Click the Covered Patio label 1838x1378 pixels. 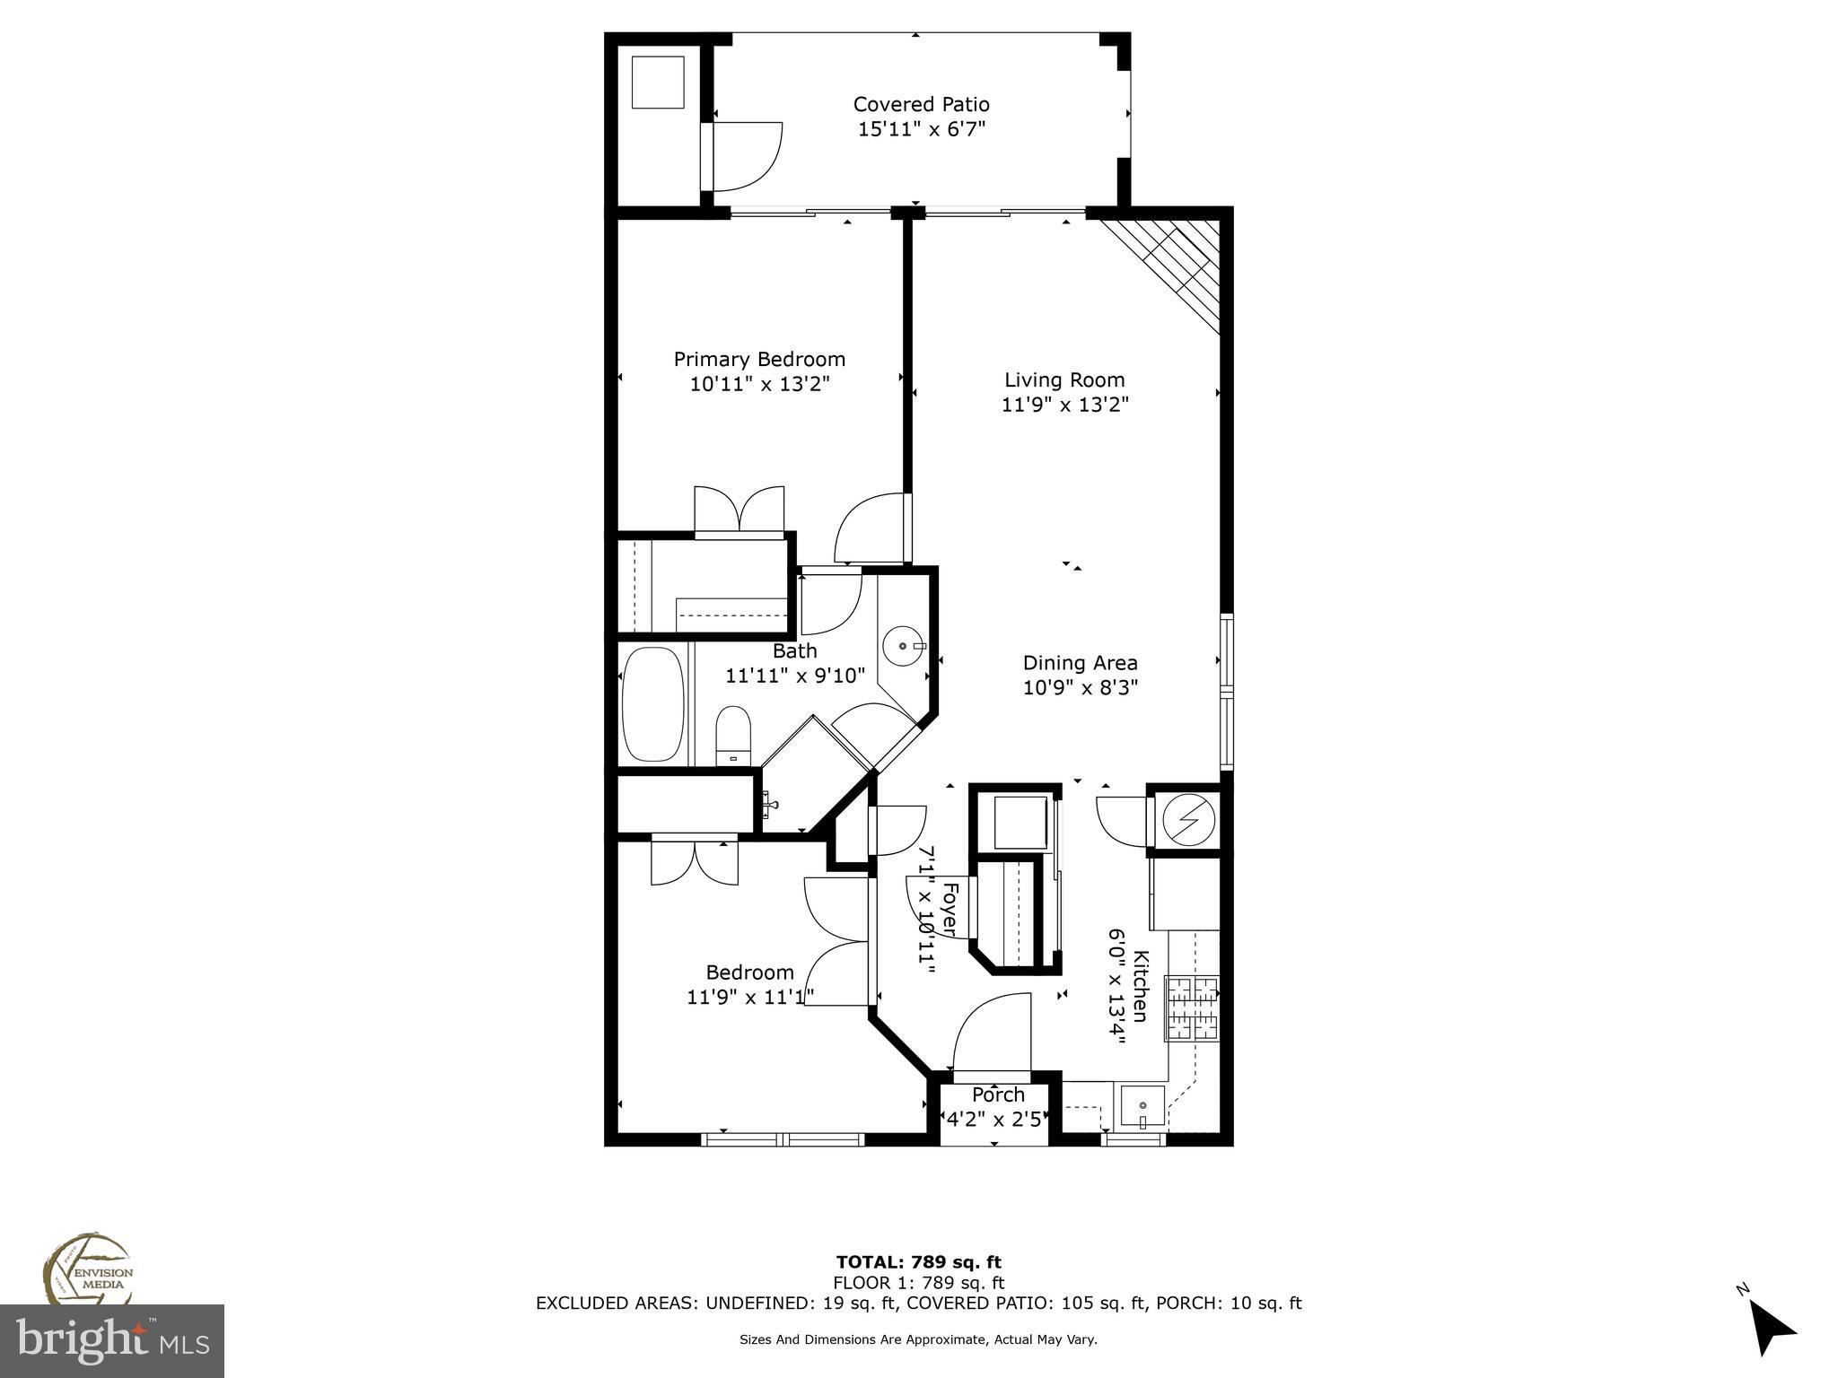[921, 104]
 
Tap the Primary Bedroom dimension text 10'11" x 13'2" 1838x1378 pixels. [759, 384]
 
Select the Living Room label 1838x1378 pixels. [1064, 379]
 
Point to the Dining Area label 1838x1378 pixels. [1080, 663]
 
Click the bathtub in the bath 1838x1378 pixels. [652, 704]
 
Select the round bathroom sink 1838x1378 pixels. [902, 645]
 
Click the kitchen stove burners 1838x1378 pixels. [1192, 1008]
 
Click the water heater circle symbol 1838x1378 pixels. [1188, 818]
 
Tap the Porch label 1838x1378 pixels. [998, 1095]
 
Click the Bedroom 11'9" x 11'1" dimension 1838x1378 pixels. [750, 997]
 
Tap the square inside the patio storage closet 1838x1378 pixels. [658, 82]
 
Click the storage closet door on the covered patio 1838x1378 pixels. [745, 157]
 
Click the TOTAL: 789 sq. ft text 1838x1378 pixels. [918, 1262]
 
